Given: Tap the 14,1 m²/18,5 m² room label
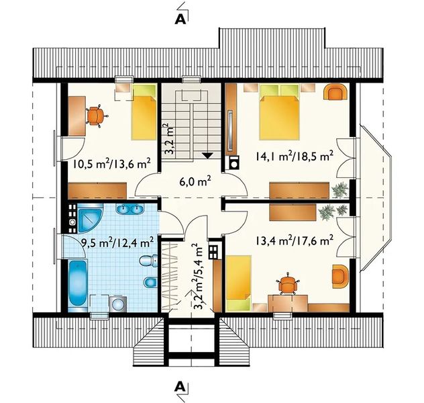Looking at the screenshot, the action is [295, 156].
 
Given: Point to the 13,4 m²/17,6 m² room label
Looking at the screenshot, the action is [295, 240].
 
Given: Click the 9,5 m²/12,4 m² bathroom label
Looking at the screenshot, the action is [118, 242].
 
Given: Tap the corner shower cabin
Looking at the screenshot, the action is [91, 218].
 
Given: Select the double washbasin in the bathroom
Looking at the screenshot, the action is [130, 209].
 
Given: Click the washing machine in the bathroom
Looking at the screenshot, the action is [118, 304].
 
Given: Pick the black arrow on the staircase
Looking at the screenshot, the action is [207, 155].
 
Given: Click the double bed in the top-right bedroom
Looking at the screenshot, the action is [280, 111].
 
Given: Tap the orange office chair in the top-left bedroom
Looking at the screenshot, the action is [95, 116].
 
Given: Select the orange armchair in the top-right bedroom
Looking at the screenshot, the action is [335, 92].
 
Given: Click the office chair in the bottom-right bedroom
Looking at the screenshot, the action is [288, 284].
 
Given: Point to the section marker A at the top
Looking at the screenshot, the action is [180, 19].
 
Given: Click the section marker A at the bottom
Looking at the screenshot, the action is [180, 387].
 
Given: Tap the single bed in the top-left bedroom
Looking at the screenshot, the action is [144, 112].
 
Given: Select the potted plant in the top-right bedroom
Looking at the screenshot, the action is [339, 189].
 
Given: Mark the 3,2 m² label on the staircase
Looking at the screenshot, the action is [170, 138].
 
